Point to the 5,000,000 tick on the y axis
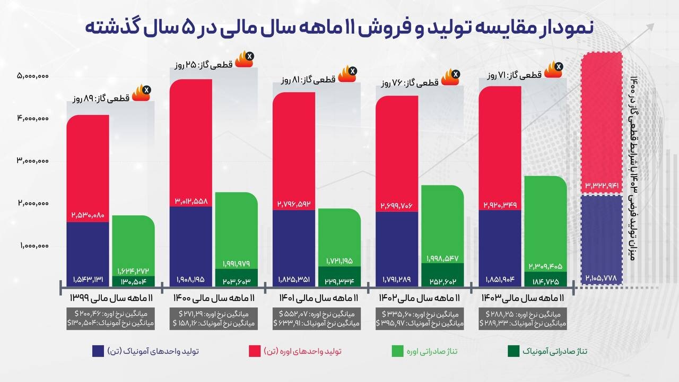coord(33,76)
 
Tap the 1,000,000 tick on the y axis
coord(33,246)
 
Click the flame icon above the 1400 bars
coord(244,59)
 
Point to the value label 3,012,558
coord(191,201)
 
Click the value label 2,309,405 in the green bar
coord(545,266)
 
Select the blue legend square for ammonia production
coord(98,351)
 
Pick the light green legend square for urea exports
coord(397,351)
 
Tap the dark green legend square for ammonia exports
coord(513,351)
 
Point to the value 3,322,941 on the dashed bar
coord(602,186)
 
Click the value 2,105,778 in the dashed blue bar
coord(602,278)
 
